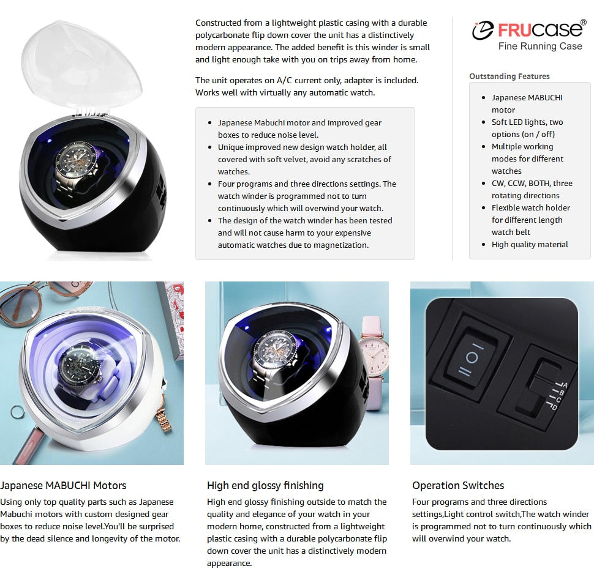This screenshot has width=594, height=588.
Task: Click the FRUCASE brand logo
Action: (528, 29)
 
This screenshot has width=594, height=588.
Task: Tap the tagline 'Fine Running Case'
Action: (540, 47)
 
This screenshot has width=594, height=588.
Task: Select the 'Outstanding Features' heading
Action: (509, 76)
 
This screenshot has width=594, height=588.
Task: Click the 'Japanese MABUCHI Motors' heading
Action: (63, 485)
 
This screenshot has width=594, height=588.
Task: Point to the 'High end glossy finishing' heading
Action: (265, 485)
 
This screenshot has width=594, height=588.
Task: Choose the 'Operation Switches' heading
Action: (458, 485)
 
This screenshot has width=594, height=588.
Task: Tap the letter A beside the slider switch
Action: (565, 384)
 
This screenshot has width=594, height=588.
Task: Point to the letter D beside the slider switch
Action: (555, 406)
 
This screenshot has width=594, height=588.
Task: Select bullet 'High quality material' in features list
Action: (530, 245)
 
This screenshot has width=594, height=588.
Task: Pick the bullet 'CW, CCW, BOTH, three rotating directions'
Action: (532, 190)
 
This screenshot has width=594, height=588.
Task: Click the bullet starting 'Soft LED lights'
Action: (527, 128)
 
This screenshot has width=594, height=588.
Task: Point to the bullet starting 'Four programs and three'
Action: (307, 196)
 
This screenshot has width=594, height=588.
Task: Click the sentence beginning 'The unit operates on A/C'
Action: (306, 86)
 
